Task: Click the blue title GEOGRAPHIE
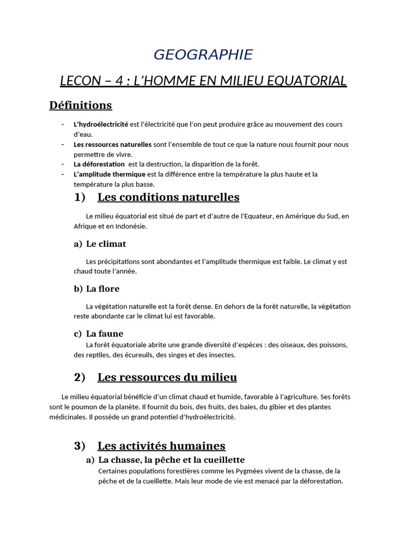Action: coord(203,55)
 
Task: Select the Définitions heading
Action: coord(81,105)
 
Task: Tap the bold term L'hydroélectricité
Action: coord(101,124)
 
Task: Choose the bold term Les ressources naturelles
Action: coord(112,144)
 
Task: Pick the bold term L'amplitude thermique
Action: coord(109,174)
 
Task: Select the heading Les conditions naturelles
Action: coord(169,197)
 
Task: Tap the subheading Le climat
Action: coord(106,244)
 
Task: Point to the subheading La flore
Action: coord(103,288)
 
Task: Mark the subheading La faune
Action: coord(104,334)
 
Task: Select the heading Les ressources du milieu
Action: coord(167,378)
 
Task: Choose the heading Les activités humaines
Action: coord(161,446)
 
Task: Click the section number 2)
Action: coord(79,378)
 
